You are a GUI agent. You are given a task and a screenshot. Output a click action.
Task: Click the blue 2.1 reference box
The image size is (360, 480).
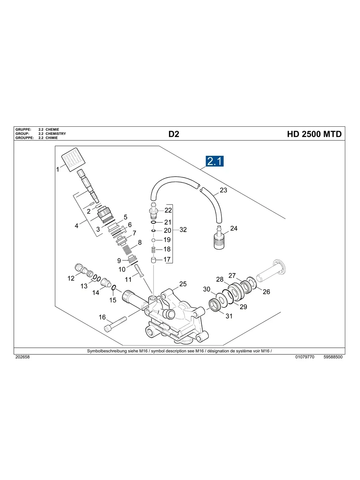215,161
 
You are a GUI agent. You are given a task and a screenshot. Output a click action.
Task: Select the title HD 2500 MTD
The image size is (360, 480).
314,134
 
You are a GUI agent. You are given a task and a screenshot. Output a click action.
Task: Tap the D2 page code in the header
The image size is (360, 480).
174,134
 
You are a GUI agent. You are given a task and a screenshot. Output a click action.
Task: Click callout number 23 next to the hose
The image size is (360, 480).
223,190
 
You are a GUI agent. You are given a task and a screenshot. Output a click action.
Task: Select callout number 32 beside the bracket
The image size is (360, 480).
183,230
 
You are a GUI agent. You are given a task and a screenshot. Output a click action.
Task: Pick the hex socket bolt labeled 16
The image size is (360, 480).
115,323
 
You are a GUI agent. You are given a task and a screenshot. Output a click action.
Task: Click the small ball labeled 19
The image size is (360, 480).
153,240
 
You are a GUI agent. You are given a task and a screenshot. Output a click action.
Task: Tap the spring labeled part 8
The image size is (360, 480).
126,250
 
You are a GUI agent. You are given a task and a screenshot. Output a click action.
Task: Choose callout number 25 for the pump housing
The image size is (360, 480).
183,284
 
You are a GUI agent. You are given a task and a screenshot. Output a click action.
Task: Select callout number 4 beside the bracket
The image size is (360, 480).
76,226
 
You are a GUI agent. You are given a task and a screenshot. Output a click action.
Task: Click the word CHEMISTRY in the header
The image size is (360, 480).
56,134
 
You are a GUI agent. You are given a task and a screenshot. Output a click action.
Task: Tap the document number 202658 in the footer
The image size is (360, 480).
22,357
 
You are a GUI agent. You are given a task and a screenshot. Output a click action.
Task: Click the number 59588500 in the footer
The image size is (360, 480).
333,357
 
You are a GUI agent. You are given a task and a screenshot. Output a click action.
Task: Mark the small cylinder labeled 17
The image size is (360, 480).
153,260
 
